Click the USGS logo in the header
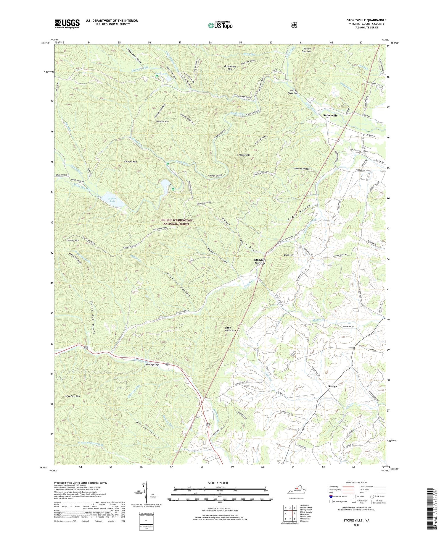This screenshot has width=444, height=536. point(67,23)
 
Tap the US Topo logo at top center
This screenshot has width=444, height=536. point(220,25)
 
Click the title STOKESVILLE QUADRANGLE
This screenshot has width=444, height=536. point(366,20)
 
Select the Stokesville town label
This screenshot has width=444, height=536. point(330,116)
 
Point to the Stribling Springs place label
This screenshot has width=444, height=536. point(260,262)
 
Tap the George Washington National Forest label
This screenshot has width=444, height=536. point(176,222)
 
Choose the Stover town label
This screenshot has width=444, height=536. point(332,386)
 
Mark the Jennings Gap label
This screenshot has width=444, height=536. point(152,365)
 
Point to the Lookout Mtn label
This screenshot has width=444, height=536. point(244,155)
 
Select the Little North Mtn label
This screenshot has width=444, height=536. point(230,329)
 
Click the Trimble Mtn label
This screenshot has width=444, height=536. point(162,122)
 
